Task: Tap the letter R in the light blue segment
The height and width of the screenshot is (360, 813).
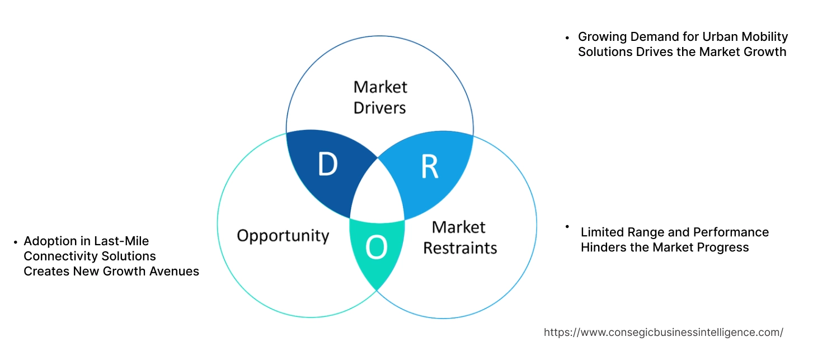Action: [429, 166]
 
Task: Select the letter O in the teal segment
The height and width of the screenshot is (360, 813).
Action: [377, 247]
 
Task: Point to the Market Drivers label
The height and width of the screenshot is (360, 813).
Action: [380, 97]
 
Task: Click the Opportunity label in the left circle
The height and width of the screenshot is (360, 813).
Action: [283, 235]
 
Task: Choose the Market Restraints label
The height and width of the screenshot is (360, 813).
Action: [460, 237]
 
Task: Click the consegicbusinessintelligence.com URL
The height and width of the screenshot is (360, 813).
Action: [664, 333]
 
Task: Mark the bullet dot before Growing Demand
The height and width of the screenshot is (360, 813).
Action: [567, 38]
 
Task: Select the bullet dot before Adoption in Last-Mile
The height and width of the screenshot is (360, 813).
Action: [15, 242]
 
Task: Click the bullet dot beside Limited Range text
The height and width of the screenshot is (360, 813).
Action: [567, 226]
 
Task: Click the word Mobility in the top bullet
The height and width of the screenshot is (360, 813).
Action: [764, 37]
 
